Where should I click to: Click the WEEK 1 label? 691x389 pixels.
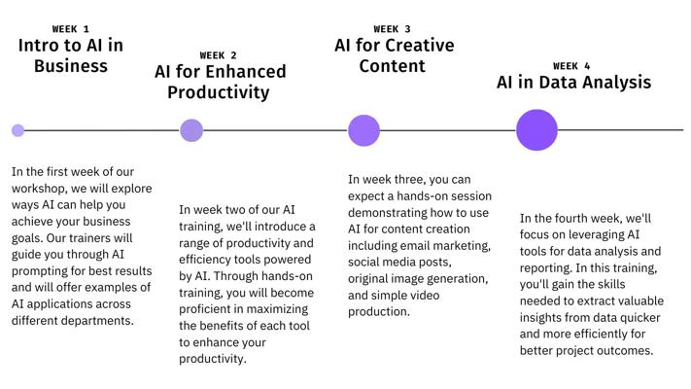coord(71,29)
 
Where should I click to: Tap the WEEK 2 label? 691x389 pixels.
coord(218,55)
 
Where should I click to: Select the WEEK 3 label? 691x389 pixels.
coord(392,29)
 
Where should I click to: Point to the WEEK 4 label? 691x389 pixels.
coord(571,66)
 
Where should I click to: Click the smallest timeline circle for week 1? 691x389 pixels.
coord(18,130)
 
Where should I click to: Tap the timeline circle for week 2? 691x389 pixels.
coord(191,130)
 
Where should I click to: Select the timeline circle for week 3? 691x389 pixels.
coord(364,130)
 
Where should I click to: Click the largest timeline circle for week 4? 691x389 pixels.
coord(536,130)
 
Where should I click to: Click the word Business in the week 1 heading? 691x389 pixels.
coord(71,66)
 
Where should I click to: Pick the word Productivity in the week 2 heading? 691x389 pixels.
coord(218,92)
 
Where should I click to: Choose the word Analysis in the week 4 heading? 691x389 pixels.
coord(619,83)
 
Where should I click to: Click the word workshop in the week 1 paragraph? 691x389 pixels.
coord(40,189)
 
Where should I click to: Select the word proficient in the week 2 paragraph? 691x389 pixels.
coord(204,309)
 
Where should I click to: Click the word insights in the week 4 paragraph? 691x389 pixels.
coord(539,318)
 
